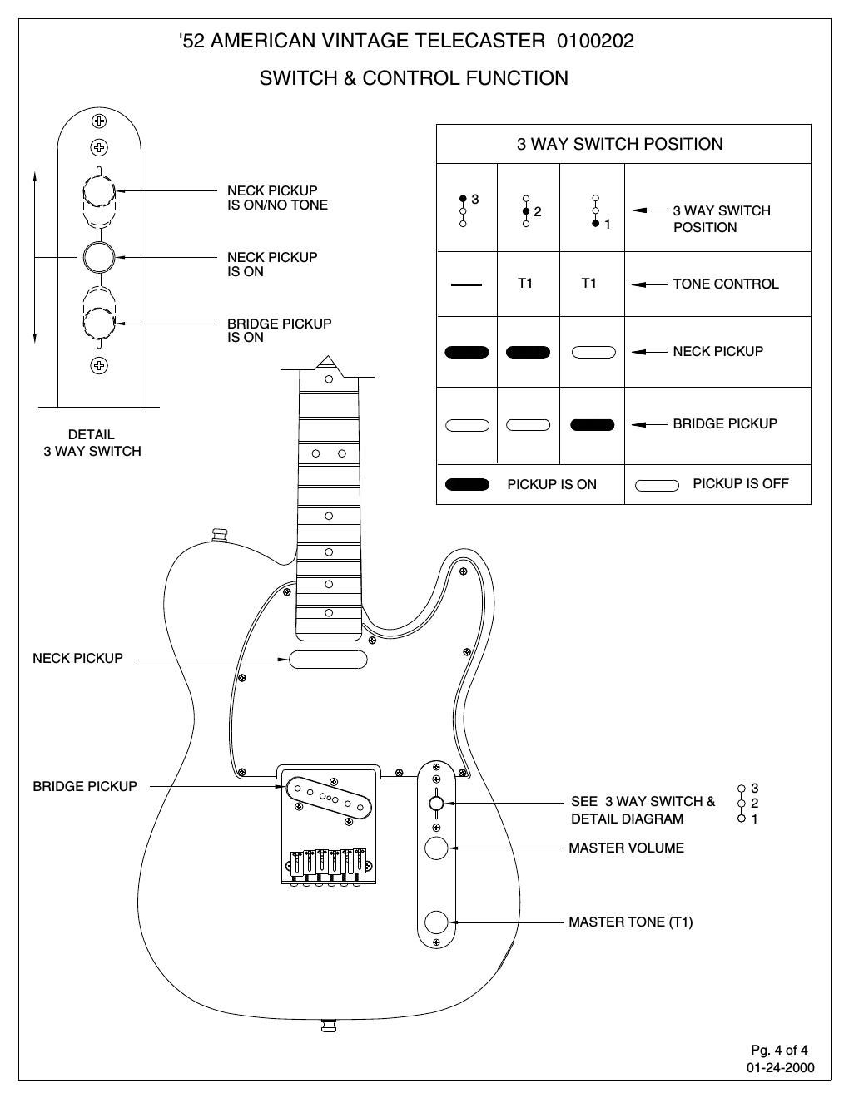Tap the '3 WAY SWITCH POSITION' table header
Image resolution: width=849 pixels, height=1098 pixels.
(619, 144)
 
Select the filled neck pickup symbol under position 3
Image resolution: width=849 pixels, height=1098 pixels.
(467, 352)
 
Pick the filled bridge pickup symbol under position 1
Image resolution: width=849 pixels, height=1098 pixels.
(593, 425)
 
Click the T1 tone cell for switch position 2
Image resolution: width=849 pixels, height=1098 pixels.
(525, 284)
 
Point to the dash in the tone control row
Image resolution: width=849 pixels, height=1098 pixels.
(466, 284)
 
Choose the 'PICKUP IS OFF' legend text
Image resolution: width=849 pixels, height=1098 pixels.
(740, 483)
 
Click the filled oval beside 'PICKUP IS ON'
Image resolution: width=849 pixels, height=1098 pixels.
(467, 485)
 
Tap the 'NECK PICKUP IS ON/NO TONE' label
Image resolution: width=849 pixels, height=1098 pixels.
(277, 198)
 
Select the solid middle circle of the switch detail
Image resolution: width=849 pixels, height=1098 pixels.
(98, 257)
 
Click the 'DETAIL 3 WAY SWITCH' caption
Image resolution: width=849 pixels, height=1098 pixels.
(92, 443)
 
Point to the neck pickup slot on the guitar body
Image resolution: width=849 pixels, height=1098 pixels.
(328, 660)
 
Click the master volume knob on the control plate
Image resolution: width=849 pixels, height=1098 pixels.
(436, 848)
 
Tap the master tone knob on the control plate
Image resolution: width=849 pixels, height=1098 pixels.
(436, 922)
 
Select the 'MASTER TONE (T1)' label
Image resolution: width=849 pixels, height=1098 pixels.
(630, 922)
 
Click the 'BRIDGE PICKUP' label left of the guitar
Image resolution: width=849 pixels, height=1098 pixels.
(85, 786)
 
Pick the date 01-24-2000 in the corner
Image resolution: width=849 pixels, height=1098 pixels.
(780, 1067)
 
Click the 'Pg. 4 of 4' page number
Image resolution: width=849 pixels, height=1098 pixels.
(779, 1050)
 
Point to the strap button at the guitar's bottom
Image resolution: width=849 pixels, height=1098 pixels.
(328, 1026)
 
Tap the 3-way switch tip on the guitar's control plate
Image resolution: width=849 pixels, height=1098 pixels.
(436, 803)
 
